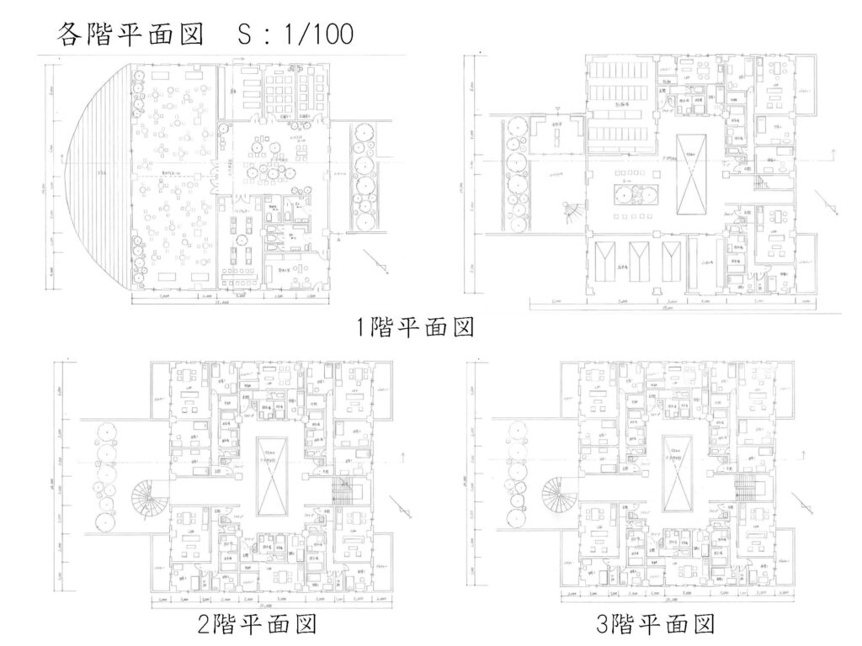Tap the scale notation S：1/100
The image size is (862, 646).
[x=295, y=33]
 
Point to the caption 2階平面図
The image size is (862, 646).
[x=256, y=626]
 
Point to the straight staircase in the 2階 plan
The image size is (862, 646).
[x=343, y=489]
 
